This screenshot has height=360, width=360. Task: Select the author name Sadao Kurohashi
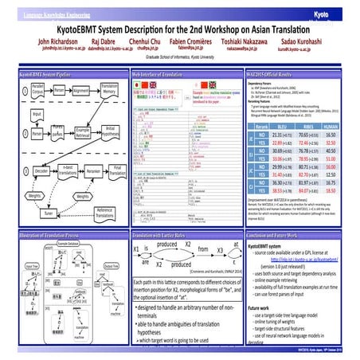tap(308, 40)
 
